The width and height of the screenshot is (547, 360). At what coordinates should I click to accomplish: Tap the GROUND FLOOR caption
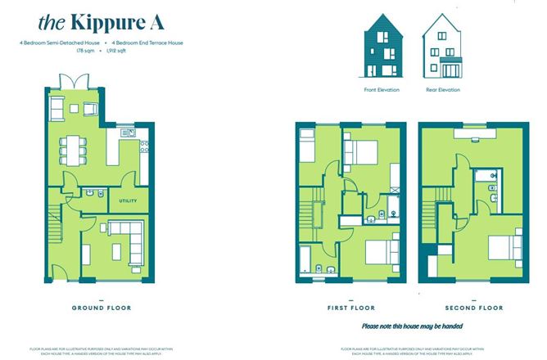(x=96, y=307)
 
